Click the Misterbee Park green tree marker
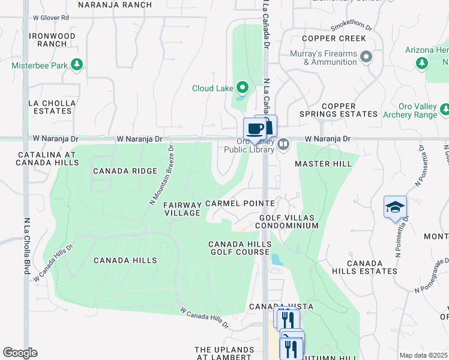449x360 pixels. click(76, 64)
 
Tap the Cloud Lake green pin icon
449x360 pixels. click(243, 88)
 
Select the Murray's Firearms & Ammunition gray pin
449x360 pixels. click(366, 58)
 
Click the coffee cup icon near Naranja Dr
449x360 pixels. click(255, 129)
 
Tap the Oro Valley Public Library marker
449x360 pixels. click(283, 144)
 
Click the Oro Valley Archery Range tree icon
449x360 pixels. click(445, 109)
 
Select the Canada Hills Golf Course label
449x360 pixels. click(240, 248)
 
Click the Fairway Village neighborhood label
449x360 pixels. click(182, 209)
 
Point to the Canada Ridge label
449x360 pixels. click(120, 171)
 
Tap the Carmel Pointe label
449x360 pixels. click(240, 204)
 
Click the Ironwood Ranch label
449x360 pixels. click(52, 40)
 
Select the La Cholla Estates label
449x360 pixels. click(52, 107)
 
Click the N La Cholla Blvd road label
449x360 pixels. click(27, 246)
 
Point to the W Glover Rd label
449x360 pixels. click(52, 18)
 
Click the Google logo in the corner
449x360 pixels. click(20, 353)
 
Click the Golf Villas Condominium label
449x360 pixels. click(288, 221)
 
